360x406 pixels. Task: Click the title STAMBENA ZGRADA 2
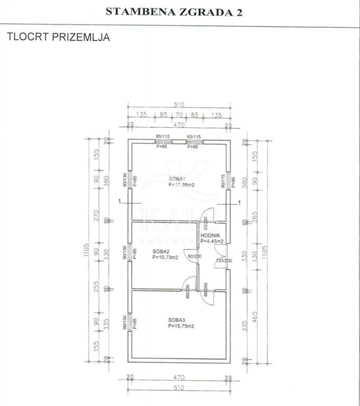[174, 12]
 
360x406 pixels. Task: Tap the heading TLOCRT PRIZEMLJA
[58, 38]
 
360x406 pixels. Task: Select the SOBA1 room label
[177, 179]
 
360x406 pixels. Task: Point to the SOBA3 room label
[177, 320]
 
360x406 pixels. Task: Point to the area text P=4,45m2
[212, 241]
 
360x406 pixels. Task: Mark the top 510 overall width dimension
[179, 105]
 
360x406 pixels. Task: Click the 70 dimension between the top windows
[179, 114]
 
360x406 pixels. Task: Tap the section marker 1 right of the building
[239, 202]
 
